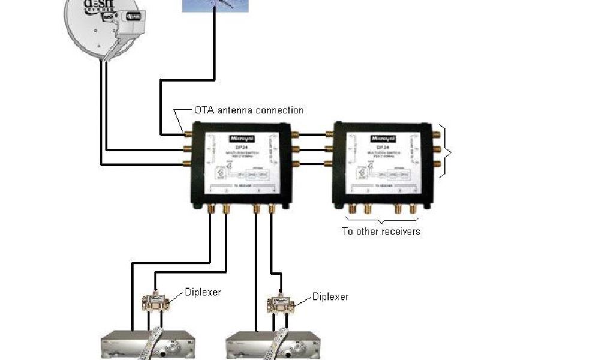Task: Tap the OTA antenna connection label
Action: click(248, 110)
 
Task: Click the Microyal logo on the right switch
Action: click(382, 138)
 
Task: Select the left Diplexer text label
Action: click(203, 292)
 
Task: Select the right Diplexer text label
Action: click(330, 296)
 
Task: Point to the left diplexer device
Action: click(156, 302)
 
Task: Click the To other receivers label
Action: click(381, 231)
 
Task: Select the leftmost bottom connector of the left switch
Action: click(210, 209)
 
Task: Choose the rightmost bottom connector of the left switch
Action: click(272, 209)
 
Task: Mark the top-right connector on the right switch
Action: click(436, 135)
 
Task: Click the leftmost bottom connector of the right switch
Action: click(352, 209)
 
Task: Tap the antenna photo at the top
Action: click(215, 5)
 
